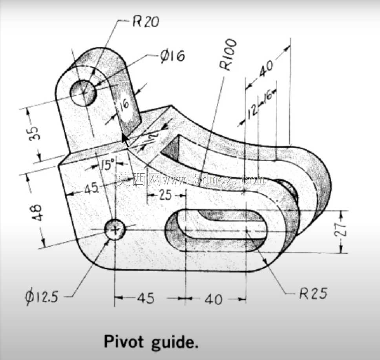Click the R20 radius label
[146, 22]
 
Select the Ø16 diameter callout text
[173, 56]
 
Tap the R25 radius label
[313, 293]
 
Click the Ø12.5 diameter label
[42, 296]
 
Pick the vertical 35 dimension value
[34, 133]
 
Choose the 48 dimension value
[37, 212]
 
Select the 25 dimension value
[165, 195]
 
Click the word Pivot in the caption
[124, 341]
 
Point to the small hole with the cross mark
[115, 229]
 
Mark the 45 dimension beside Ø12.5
[146, 298]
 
